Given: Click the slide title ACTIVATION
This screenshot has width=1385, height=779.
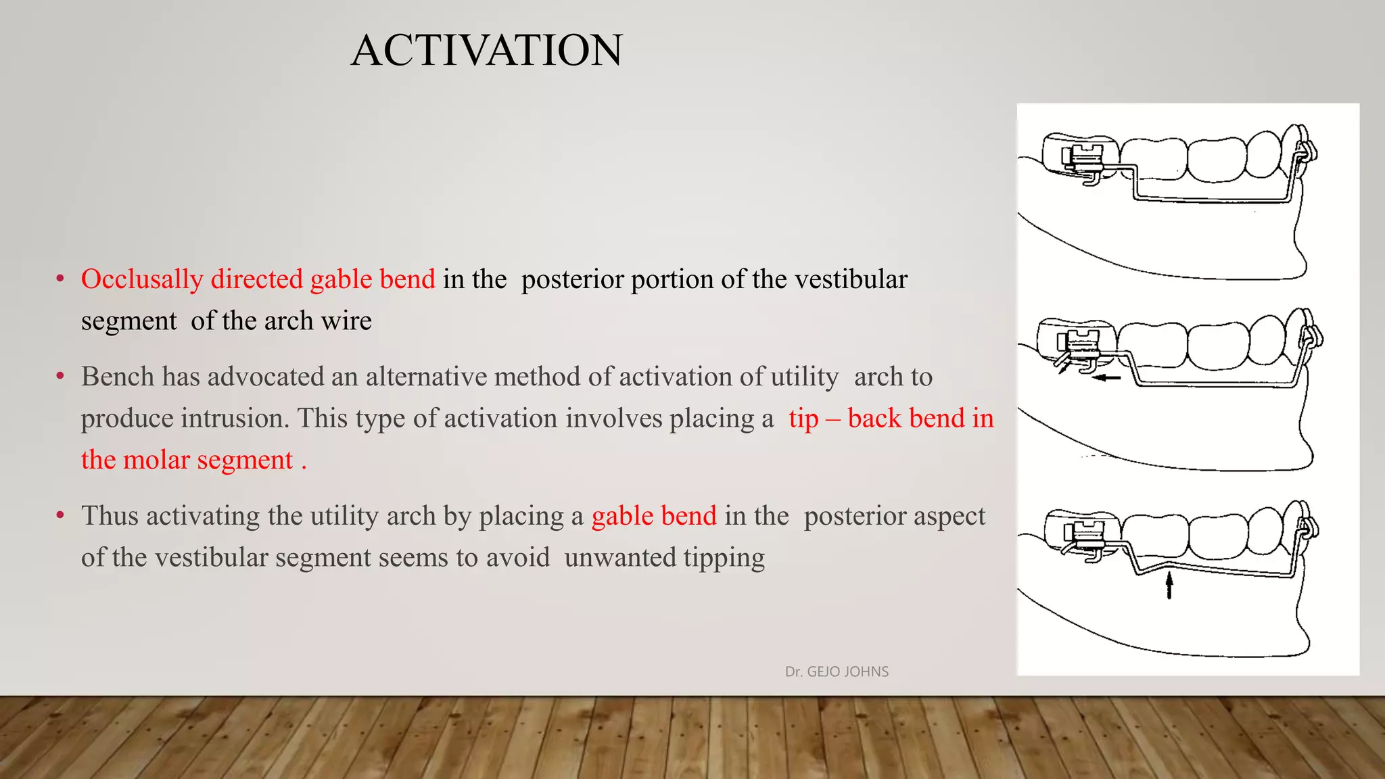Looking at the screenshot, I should click(486, 50).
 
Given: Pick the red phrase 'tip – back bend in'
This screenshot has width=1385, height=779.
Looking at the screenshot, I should click(891, 419).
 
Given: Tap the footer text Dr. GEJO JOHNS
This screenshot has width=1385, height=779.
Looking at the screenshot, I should click(837, 671).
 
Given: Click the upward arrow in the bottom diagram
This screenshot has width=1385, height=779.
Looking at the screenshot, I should click(1169, 585).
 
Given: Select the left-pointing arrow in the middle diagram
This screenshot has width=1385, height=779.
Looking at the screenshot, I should click(1106, 378).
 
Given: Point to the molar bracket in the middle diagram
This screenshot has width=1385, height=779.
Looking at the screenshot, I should click(1082, 345).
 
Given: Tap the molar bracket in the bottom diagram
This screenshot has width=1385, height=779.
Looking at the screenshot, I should click(1085, 534).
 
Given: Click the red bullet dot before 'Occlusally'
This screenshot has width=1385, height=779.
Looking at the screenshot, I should click(60, 279).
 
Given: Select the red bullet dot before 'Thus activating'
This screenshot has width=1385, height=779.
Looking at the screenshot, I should click(60, 516).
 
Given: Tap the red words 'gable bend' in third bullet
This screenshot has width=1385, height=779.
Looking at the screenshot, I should click(653, 516).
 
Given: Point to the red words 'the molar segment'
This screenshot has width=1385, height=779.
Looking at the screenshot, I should click(187, 461).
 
